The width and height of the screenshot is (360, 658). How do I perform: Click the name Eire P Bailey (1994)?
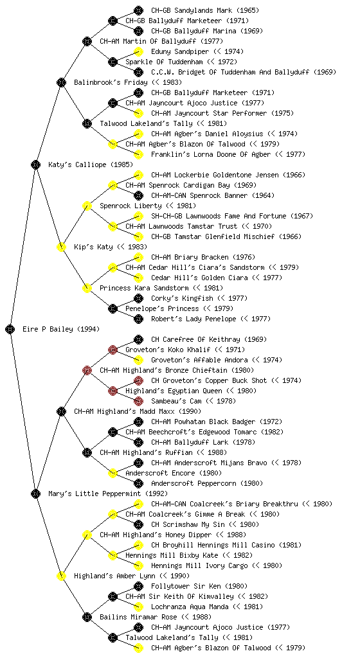point(61,329)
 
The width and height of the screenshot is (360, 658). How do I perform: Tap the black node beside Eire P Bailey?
point(10,329)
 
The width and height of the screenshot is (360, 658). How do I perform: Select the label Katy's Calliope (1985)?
point(84,164)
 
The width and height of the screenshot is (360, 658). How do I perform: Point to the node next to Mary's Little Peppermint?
point(35,493)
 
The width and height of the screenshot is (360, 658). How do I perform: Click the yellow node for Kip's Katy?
point(61,247)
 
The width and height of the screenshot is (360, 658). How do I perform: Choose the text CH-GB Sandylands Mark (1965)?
point(205,10)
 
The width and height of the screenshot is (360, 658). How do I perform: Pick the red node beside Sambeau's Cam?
point(138,401)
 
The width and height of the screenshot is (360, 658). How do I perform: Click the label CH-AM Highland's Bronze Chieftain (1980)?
point(177,370)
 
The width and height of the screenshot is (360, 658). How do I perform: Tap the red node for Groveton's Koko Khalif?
point(113,350)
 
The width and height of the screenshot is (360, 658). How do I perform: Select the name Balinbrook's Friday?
point(111,82)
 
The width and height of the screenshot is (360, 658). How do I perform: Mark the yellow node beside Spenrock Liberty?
point(87,206)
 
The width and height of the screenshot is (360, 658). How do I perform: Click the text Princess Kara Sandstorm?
point(144,288)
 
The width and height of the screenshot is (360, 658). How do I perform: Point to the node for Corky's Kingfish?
point(138,298)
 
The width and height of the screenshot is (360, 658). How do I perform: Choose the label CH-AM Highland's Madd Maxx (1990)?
point(138,411)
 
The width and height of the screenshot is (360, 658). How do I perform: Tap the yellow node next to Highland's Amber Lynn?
point(61,576)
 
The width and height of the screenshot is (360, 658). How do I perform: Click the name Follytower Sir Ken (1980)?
point(199,586)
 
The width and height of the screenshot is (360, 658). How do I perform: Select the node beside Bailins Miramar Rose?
point(87,617)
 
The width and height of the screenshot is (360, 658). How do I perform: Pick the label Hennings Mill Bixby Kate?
point(172,555)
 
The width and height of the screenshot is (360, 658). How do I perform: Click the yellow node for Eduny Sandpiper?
point(138,51)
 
